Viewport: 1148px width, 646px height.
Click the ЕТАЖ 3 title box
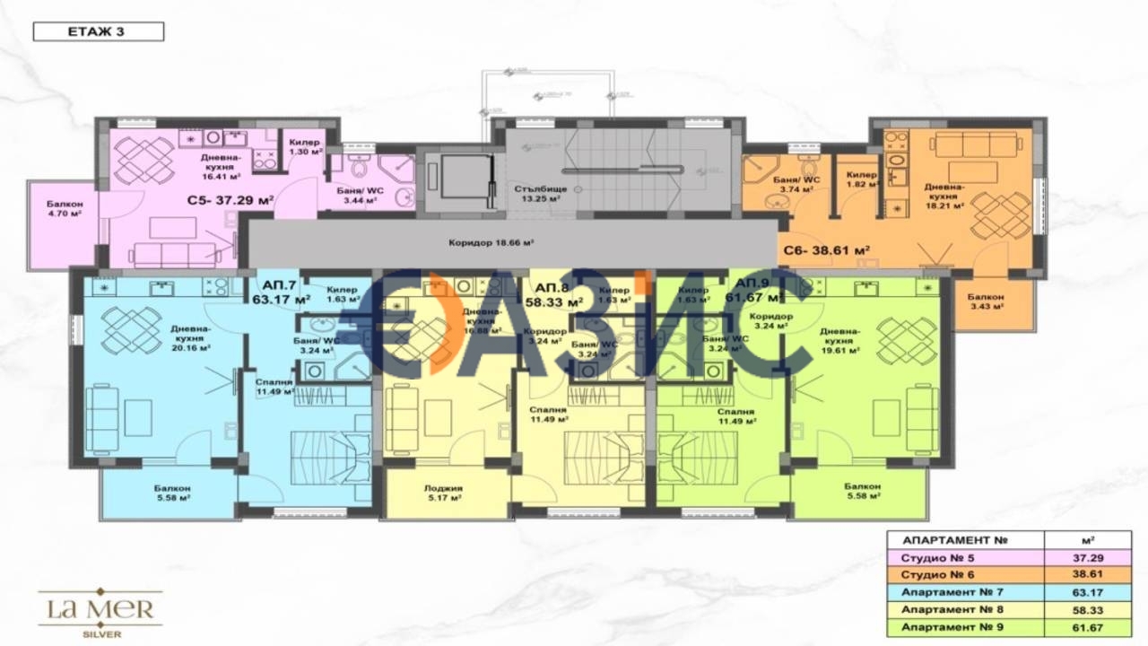tap(99, 32)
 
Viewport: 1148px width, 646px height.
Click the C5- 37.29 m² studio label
tap(230, 202)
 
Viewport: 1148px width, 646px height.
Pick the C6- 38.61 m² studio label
tap(828, 252)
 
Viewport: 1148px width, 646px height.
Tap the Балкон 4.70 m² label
tap(65, 209)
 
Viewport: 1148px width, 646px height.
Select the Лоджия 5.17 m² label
tap(444, 493)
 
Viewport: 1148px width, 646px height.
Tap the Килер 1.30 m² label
tap(306, 147)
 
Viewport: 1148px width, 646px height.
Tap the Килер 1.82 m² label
tap(862, 179)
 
